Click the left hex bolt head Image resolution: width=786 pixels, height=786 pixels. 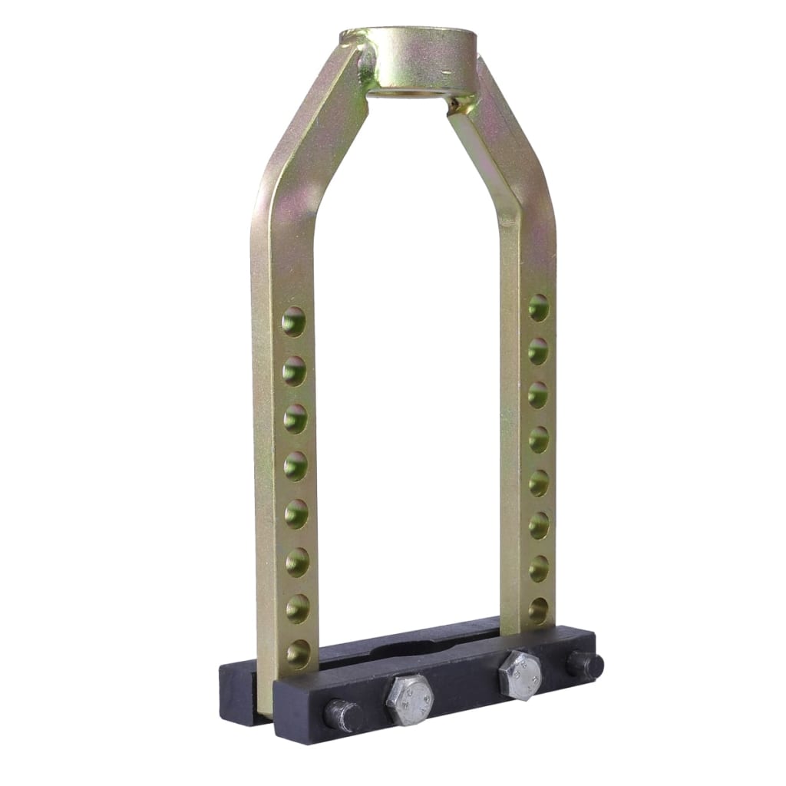click(409, 699)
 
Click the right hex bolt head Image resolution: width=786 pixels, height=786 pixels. click(520, 675)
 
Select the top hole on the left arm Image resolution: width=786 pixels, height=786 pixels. click(293, 322)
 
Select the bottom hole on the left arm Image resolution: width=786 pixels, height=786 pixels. click(298, 654)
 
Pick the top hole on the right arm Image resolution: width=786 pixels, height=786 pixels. click(538, 307)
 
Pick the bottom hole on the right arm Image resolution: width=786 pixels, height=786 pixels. click(538, 610)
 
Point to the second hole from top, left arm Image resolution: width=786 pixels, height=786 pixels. click(294, 371)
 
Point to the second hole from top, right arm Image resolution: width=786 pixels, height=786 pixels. click(538, 351)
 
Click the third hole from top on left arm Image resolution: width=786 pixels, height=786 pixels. click(295, 418)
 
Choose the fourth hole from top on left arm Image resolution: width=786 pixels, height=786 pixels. click(296, 466)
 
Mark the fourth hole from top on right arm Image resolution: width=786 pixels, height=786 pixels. click(538, 439)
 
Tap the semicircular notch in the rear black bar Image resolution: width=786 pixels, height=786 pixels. click(418, 647)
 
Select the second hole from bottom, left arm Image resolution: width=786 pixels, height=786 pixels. click(297, 609)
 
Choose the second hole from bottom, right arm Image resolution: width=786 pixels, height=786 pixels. click(538, 568)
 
